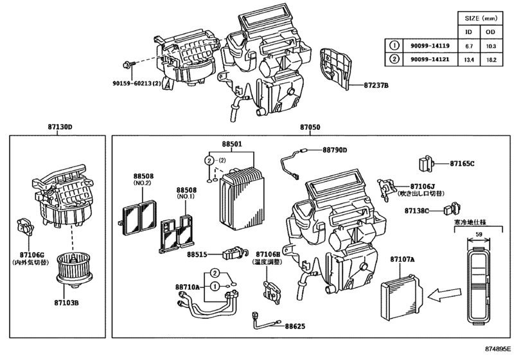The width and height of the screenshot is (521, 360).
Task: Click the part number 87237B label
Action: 376,85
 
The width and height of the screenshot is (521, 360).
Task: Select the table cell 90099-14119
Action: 430,46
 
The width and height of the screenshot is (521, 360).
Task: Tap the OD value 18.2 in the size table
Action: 491,60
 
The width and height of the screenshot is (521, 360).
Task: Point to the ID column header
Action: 468,32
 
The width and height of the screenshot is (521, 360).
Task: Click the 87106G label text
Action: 31,255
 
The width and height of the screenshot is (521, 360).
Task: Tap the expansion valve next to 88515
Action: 235,253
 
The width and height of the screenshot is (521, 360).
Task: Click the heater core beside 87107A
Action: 402,297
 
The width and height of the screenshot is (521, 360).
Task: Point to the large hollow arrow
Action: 445,295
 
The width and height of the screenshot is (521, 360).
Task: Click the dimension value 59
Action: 479,235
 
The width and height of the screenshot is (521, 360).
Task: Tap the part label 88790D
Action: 335,150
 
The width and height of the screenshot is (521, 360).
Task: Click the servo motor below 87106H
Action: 272,290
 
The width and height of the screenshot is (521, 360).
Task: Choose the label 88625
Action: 295,326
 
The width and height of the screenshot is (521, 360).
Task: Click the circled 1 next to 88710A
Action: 215,286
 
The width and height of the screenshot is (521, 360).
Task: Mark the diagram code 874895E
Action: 498,348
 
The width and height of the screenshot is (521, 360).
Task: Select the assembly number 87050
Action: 310,127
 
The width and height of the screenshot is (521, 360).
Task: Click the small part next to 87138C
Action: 452,209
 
